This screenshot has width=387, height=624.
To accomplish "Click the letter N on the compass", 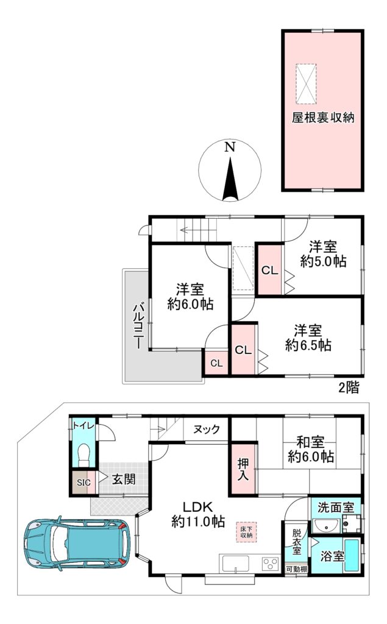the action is point(230,147).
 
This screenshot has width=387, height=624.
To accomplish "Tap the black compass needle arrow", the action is point(230,179).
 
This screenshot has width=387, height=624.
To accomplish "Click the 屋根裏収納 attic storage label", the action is point(323,118).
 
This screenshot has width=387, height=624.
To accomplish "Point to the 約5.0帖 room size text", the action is point(323,261).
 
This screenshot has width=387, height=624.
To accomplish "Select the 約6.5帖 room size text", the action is point(308,345).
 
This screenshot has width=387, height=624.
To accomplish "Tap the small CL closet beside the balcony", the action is point(216,363).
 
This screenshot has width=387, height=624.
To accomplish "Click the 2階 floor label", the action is point(349,388).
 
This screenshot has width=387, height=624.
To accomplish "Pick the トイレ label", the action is point(83,425).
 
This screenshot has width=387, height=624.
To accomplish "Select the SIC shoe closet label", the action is point(83,483).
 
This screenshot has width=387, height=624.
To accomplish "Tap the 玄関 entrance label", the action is point(124,479).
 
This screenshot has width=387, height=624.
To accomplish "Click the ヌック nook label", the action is point(207,430).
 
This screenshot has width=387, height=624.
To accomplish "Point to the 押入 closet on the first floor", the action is point(243,469).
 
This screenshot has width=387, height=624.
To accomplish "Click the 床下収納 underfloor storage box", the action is point(246,532).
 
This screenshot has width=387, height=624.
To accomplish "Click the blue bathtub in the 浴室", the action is point(352,556).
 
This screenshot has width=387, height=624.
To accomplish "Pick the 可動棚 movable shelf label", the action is point(297,569).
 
